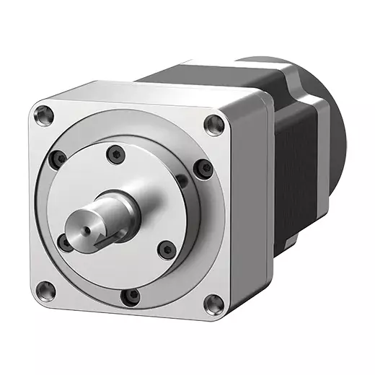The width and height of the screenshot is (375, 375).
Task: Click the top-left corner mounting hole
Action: click(x=45, y=112)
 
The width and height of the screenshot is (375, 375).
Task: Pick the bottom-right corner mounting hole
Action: click(x=212, y=304)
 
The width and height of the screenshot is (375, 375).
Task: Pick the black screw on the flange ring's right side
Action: click(x=206, y=168)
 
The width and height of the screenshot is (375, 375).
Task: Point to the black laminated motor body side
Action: click(x=296, y=166)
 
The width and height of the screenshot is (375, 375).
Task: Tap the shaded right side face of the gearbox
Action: click(x=249, y=209)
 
